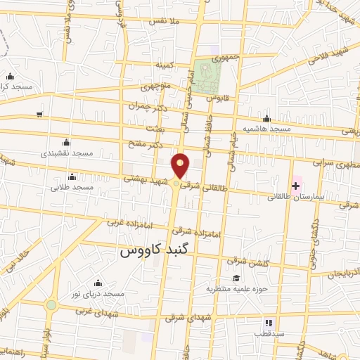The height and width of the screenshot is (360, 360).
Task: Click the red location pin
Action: [x=181, y=166]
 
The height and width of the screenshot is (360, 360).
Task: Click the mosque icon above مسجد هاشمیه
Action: [x=266, y=118]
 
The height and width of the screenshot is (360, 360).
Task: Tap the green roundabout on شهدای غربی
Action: [x=51, y=304]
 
